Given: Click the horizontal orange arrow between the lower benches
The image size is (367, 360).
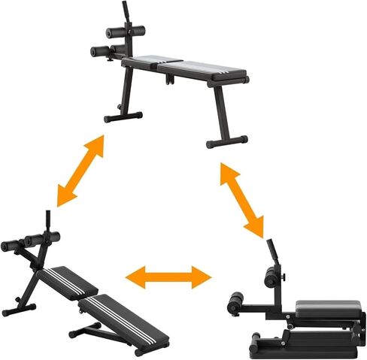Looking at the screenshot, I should (x=168, y=277).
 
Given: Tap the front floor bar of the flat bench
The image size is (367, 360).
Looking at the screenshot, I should (x=123, y=117).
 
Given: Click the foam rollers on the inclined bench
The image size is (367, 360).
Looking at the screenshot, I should (x=30, y=242).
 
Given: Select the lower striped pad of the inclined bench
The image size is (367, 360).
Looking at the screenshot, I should (x=125, y=316).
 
